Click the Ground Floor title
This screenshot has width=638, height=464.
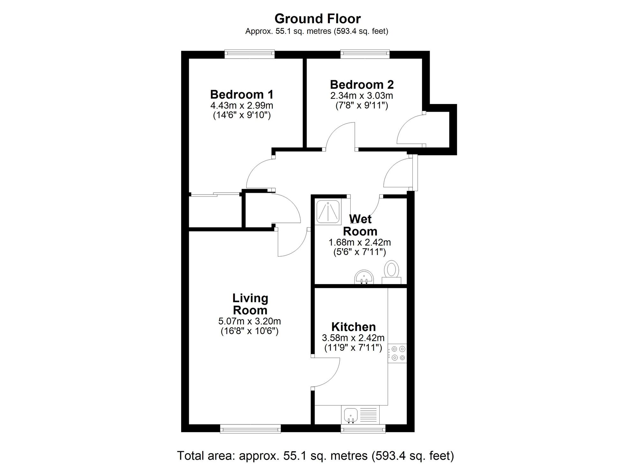(317, 19)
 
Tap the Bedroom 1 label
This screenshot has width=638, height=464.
(241, 94)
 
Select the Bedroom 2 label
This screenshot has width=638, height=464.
(361, 85)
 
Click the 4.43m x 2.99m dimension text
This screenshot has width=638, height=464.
(241, 105)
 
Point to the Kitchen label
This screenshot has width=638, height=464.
(353, 327)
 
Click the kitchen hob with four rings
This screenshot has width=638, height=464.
(397, 353)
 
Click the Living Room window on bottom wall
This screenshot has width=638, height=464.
(250, 429)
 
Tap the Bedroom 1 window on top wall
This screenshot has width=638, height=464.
(249, 54)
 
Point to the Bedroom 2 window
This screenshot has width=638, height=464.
(365, 54)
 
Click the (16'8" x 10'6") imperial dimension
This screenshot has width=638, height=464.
(249, 331)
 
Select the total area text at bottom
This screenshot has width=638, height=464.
(315, 455)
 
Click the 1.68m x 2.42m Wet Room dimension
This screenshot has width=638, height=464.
(360, 242)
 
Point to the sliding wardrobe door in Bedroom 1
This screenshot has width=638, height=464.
(214, 194)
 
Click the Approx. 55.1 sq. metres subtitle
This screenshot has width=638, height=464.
(316, 31)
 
